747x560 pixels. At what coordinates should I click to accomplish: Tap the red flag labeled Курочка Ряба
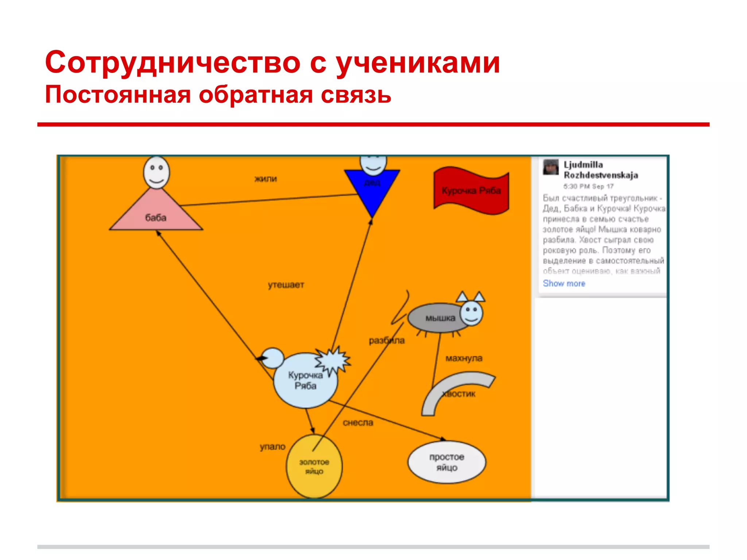coord(471,190)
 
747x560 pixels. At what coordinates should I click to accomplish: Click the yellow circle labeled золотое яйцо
coord(314,466)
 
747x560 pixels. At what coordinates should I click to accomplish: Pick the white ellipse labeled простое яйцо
coord(446,462)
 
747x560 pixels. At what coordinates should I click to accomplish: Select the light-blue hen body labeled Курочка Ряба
coord(305,381)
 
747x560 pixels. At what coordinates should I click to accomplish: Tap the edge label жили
coord(266,179)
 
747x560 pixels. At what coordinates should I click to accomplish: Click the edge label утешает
coord(286,285)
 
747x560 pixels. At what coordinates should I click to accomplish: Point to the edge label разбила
coord(387,341)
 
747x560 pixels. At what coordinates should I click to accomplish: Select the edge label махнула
coord(464,358)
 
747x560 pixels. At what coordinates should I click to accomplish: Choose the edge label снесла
coord(358,423)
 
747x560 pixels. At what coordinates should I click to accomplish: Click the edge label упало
coord(272,447)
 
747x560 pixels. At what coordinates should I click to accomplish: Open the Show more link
coord(564,283)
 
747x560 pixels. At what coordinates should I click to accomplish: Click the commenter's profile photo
coord(550,167)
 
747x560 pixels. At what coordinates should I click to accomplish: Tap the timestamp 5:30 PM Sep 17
coord(588,186)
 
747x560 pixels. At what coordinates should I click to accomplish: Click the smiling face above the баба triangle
coord(156,172)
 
